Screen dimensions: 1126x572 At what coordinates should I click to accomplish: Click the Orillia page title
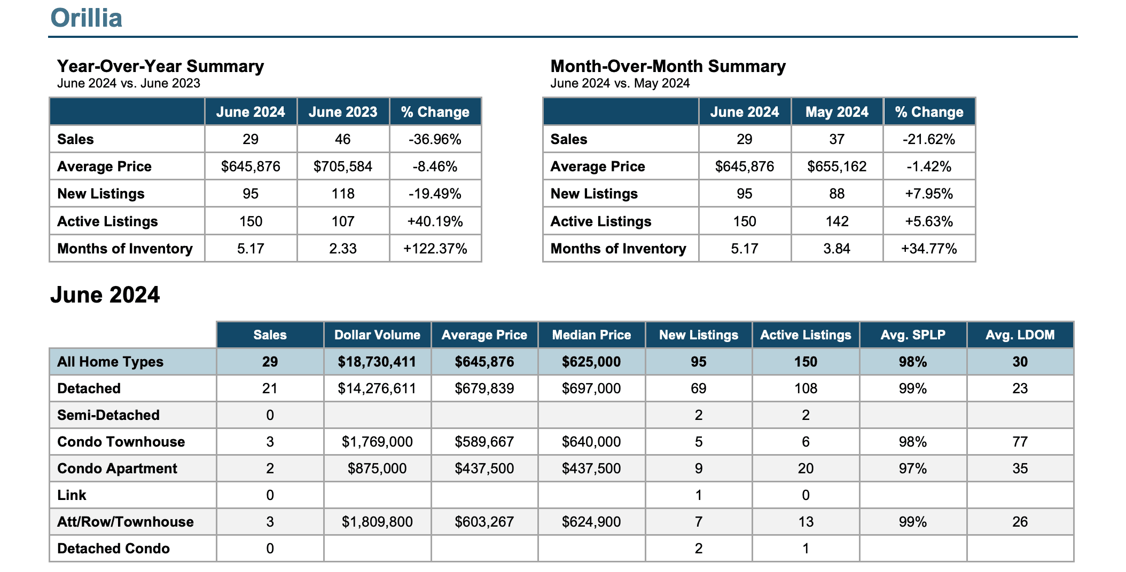pos(86,18)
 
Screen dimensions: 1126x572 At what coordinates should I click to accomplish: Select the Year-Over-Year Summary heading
pos(160,66)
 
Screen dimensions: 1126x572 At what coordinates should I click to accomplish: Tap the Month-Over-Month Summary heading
pos(668,66)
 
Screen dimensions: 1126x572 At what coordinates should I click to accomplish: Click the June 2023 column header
pos(343,112)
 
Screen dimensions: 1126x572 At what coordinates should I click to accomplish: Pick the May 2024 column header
pos(836,112)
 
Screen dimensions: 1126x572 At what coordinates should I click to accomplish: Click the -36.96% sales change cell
pos(435,139)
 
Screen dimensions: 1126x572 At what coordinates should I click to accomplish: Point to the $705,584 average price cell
pos(343,166)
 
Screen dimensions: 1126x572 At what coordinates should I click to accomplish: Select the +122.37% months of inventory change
pos(435,249)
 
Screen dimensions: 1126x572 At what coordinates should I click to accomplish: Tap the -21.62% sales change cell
pos(929,139)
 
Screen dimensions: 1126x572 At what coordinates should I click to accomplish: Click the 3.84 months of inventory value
pos(836,249)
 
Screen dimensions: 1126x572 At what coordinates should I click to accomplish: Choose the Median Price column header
pos(591,335)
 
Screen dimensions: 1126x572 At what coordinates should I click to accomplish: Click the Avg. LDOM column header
pos(1020,335)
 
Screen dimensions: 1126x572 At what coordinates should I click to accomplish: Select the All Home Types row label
pos(110,362)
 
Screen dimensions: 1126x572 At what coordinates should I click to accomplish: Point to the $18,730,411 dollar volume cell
pos(377,362)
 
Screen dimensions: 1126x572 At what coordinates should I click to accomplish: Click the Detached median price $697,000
pos(591,388)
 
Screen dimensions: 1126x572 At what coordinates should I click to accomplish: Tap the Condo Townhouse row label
pos(121,442)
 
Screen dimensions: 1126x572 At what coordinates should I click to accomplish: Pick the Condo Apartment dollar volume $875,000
pos(377,468)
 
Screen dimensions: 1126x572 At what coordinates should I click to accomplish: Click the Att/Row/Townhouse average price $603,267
pos(484,522)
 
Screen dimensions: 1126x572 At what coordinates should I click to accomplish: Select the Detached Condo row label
pos(113,549)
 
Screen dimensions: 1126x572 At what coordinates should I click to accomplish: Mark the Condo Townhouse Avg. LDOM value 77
pos(1020,442)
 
